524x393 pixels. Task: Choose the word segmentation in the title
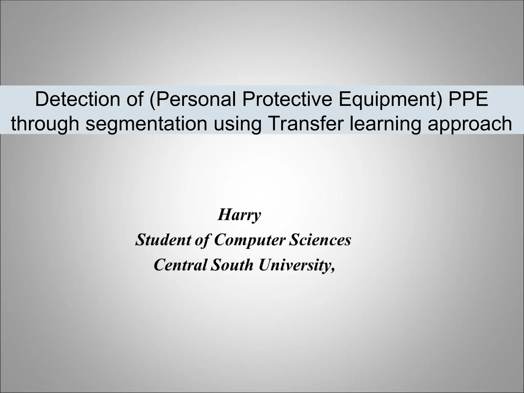tap(146, 123)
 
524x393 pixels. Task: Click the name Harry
tap(239, 215)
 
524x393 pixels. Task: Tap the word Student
tap(162, 240)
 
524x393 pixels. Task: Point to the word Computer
tap(250, 240)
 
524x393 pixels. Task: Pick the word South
tap(232, 265)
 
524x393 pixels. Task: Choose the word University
tap(294, 265)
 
